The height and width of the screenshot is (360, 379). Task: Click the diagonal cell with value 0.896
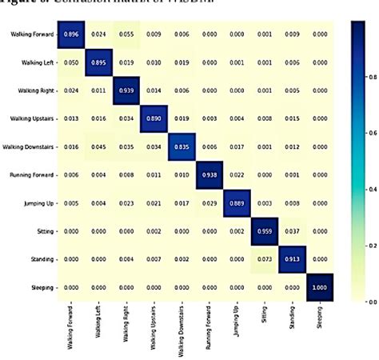pos(71,34)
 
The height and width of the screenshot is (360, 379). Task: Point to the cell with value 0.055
pos(126,34)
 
